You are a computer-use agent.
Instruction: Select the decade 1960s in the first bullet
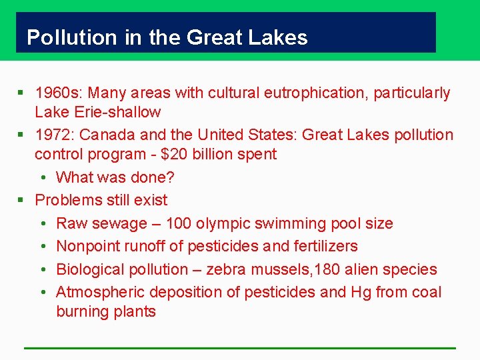point(58,93)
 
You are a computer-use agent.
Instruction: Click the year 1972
point(55,135)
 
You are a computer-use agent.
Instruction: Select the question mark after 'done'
point(171,177)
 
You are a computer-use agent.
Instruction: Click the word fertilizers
point(325,246)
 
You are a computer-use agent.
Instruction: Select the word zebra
point(227,269)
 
